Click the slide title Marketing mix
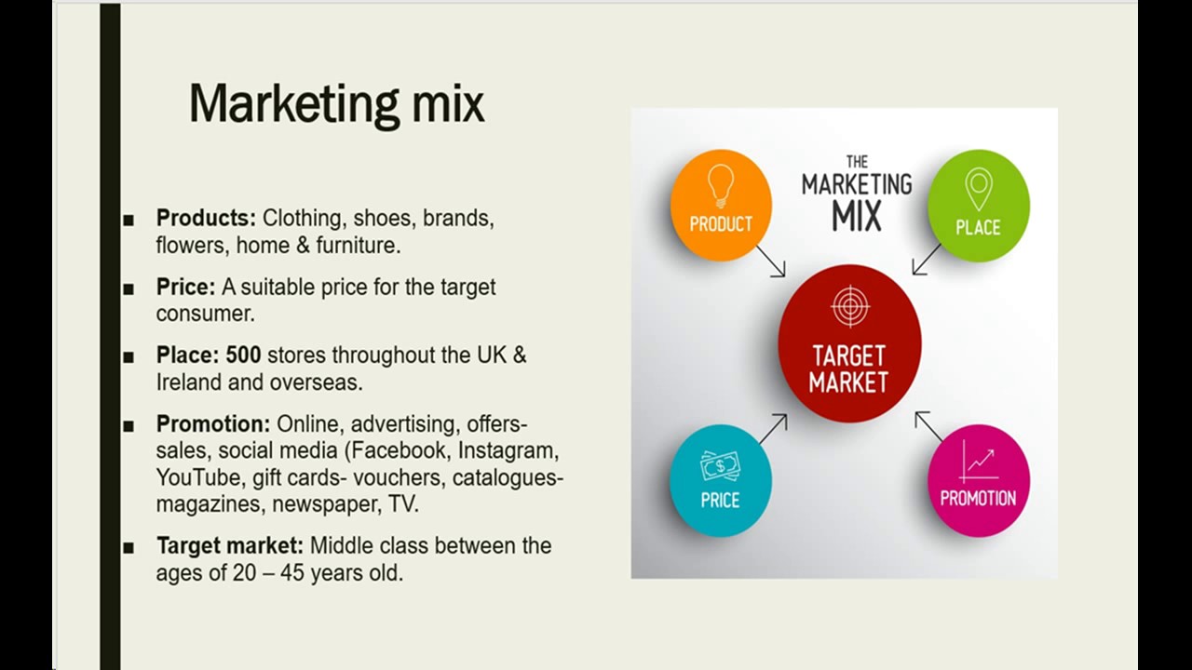coord(336,103)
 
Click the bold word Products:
coord(206,218)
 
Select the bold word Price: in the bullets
coord(185,287)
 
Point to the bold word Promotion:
coord(213,424)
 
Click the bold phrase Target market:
coord(230,545)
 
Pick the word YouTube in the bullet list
coord(199,477)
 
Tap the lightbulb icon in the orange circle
coord(721,185)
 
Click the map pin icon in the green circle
coord(978,188)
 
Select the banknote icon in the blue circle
coord(720,465)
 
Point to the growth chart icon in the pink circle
coord(979,461)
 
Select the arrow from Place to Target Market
coord(927,260)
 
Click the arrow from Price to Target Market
coord(772,429)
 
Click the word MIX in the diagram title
coord(857,217)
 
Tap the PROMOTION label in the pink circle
coord(978,499)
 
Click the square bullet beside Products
coord(129,220)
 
